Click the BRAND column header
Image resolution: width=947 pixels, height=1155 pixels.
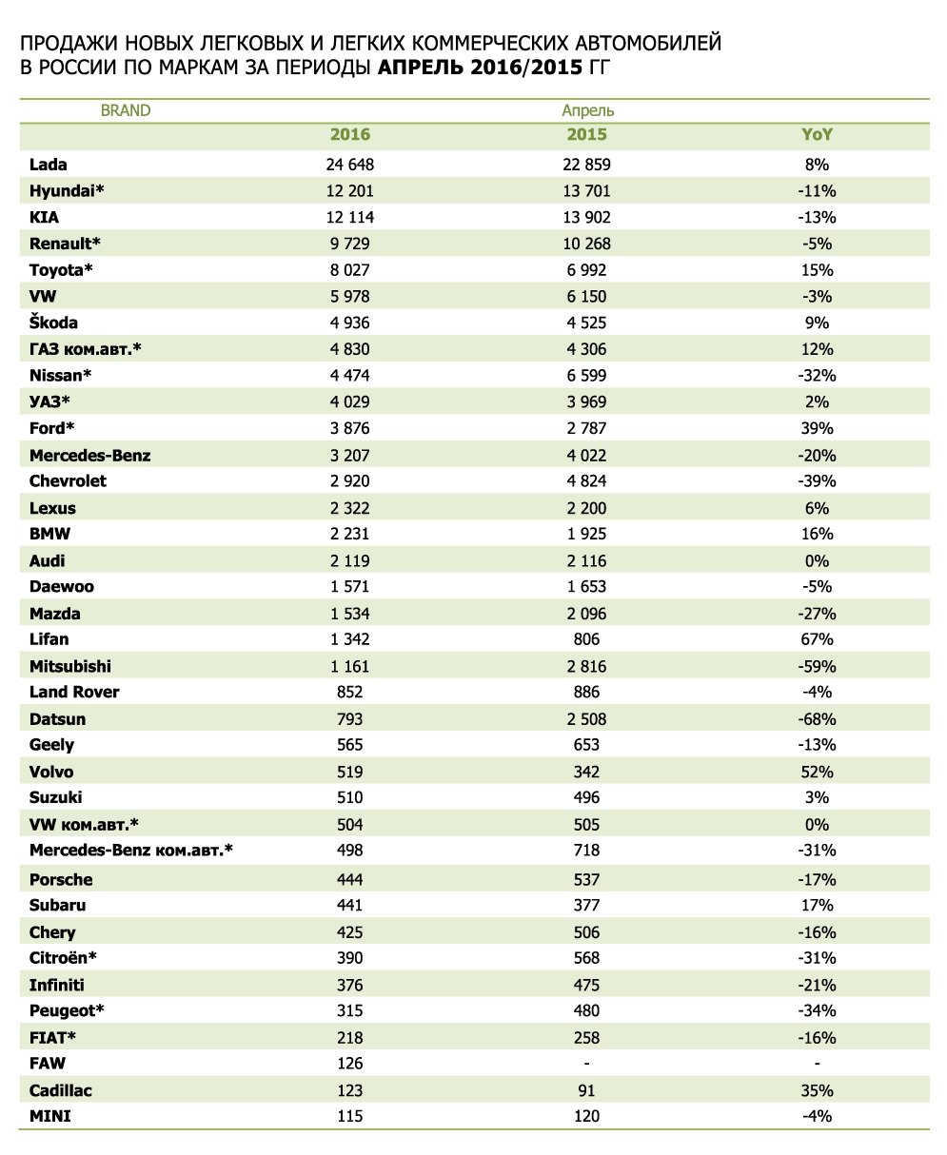(126, 110)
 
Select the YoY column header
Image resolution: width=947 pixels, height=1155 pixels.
(818, 135)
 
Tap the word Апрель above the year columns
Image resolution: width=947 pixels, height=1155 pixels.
(587, 110)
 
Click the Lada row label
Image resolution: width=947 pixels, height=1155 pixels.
(49, 165)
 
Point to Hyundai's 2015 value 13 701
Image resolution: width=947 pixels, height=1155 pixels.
(586, 190)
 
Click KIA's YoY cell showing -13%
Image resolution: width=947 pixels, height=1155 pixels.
(818, 217)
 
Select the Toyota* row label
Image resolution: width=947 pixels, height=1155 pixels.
(62, 270)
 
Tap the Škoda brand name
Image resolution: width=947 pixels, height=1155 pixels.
(54, 323)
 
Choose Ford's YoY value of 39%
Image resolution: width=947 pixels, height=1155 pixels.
(818, 428)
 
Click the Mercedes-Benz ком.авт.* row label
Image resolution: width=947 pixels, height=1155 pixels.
(131, 850)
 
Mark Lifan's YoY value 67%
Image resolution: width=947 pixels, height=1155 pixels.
(818, 639)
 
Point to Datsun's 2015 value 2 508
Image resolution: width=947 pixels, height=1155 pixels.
(586, 718)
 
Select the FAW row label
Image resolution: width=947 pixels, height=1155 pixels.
(48, 1063)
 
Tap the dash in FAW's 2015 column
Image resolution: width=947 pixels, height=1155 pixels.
(586, 1063)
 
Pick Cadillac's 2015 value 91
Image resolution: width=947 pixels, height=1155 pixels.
(586, 1090)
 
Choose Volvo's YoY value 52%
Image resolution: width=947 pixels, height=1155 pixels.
(818, 772)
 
